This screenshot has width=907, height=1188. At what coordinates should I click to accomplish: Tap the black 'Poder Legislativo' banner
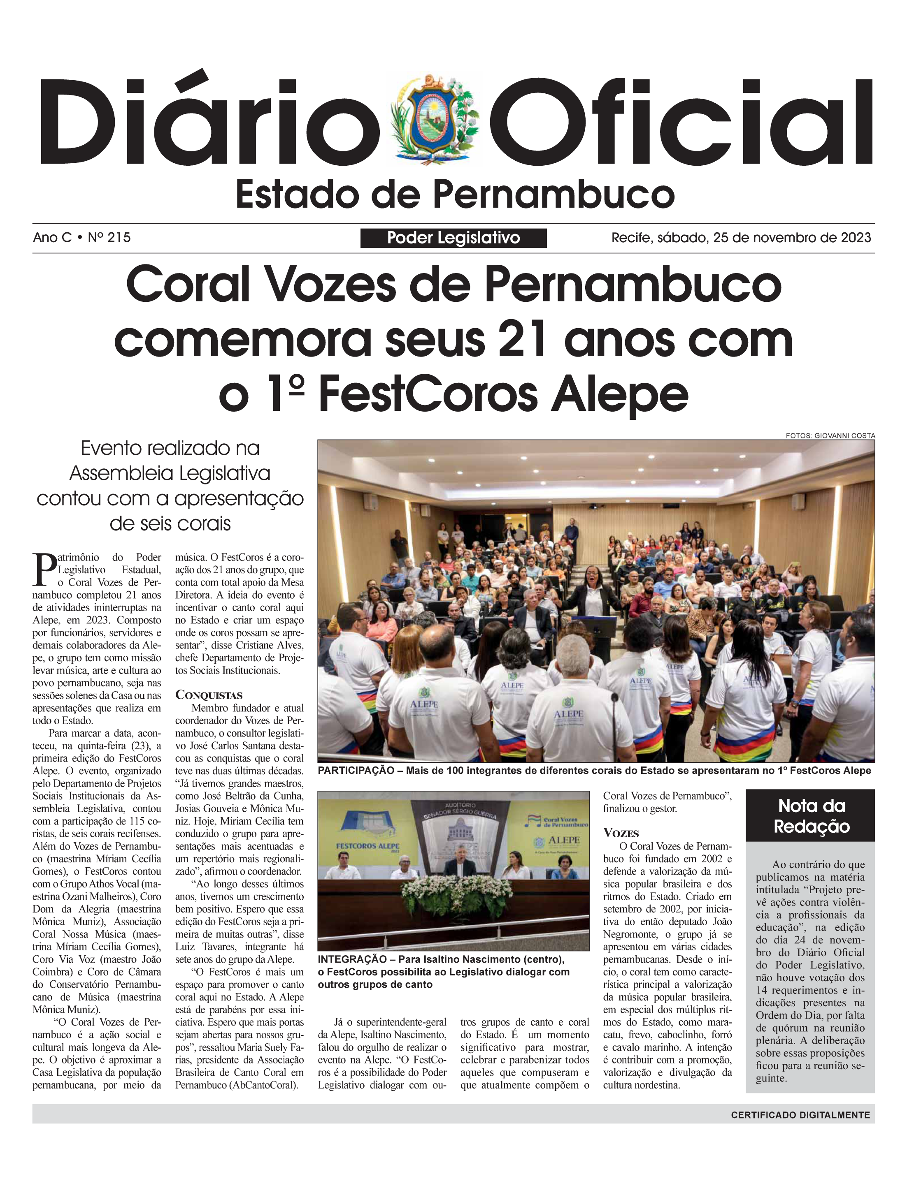click(x=453, y=238)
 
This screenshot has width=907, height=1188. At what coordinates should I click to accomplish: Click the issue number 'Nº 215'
click(x=109, y=237)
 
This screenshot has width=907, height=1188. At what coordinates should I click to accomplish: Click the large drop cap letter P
click(x=44, y=570)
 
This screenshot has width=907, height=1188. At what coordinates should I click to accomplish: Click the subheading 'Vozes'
click(x=621, y=832)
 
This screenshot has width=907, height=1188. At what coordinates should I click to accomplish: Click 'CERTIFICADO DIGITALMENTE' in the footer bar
click(x=800, y=1115)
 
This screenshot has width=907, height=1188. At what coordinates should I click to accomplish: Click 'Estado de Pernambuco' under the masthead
click(x=455, y=195)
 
